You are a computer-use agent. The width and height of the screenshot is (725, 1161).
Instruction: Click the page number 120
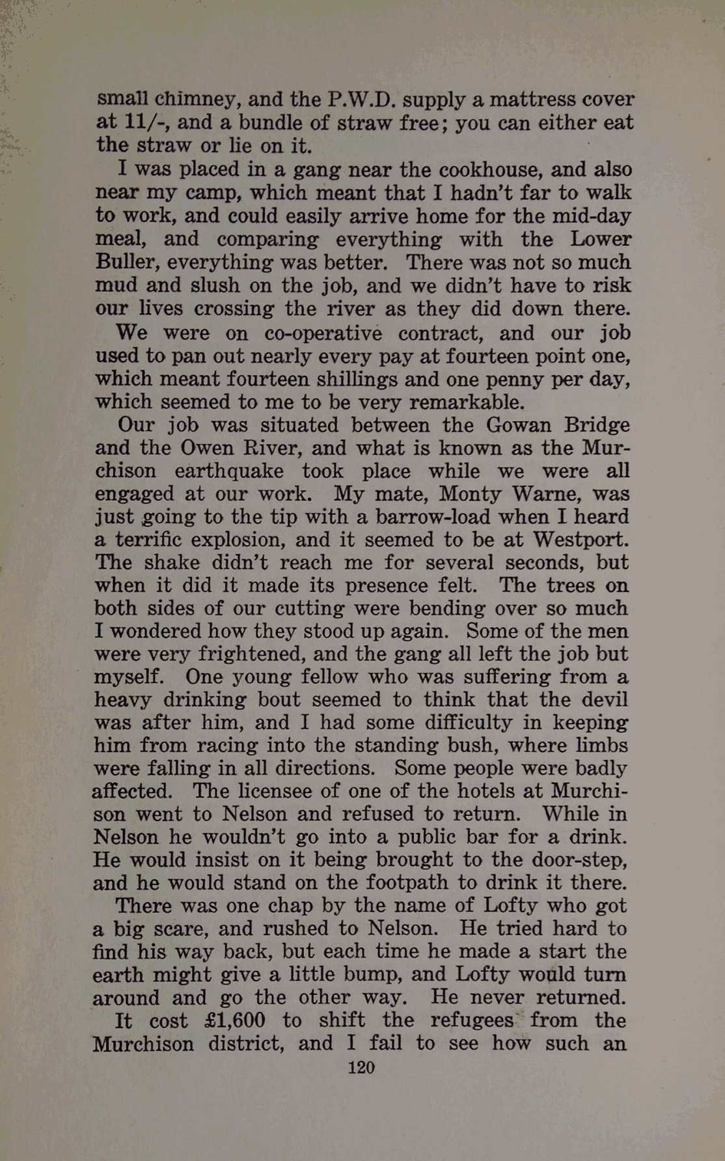(361, 1067)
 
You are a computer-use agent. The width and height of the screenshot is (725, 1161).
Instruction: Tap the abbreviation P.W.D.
(361, 100)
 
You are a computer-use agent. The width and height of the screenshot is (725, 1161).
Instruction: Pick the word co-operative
(323, 333)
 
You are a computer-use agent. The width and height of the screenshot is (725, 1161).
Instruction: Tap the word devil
(603, 699)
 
